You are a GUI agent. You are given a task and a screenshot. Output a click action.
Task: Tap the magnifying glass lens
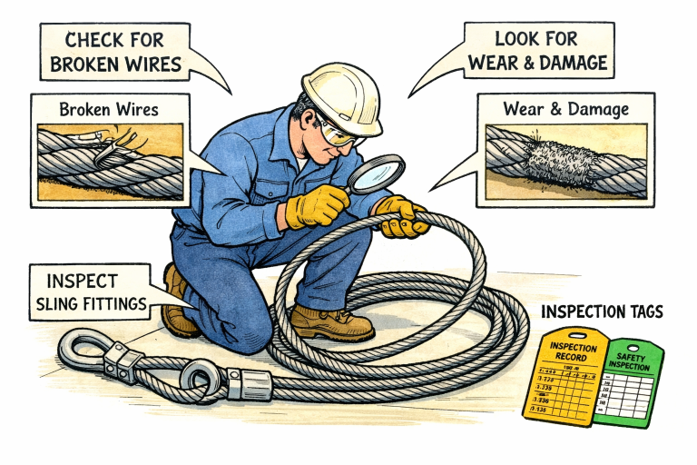tap(375, 173)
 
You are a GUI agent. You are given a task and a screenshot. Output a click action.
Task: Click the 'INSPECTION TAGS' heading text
tap(602, 312)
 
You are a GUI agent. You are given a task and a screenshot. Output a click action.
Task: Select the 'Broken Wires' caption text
tap(108, 110)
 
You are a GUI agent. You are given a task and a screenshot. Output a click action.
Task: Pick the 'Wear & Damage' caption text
tap(564, 110)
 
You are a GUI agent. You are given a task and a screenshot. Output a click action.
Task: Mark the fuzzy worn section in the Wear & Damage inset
tap(556, 160)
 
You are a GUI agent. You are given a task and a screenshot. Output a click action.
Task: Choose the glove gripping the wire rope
tap(400, 217)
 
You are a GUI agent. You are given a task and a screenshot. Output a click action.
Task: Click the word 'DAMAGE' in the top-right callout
tap(573, 64)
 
